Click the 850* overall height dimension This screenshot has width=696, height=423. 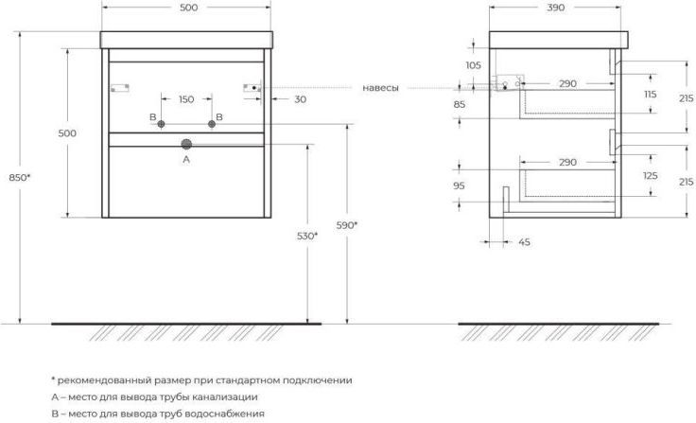coord(20,178)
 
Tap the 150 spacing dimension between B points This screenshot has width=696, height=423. coord(186,99)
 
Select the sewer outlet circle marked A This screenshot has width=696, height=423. coord(186,144)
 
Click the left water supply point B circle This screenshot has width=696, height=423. coord(161,124)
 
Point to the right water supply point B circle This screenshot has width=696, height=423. coord(212,124)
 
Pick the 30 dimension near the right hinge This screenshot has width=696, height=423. coord(301,99)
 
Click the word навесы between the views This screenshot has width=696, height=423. coord(380,88)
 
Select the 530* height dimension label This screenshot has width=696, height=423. coord(307,236)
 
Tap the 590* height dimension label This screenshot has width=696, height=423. coord(347,225)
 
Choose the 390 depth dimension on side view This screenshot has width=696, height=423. coord(556,8)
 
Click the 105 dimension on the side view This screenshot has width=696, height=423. coord(473,65)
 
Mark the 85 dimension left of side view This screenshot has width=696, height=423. coord(460,104)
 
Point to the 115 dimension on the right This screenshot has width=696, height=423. coord(651,95)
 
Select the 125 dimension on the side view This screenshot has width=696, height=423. coord(651,176)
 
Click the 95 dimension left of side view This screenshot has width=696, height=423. coord(459,185)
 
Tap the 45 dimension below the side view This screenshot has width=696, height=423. coord(524,242)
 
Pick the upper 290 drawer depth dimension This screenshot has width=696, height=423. coord(567,83)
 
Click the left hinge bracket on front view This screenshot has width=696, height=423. coord(120,88)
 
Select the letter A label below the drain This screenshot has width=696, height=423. coord(186,159)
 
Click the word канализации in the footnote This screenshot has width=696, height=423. coord(229,397)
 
